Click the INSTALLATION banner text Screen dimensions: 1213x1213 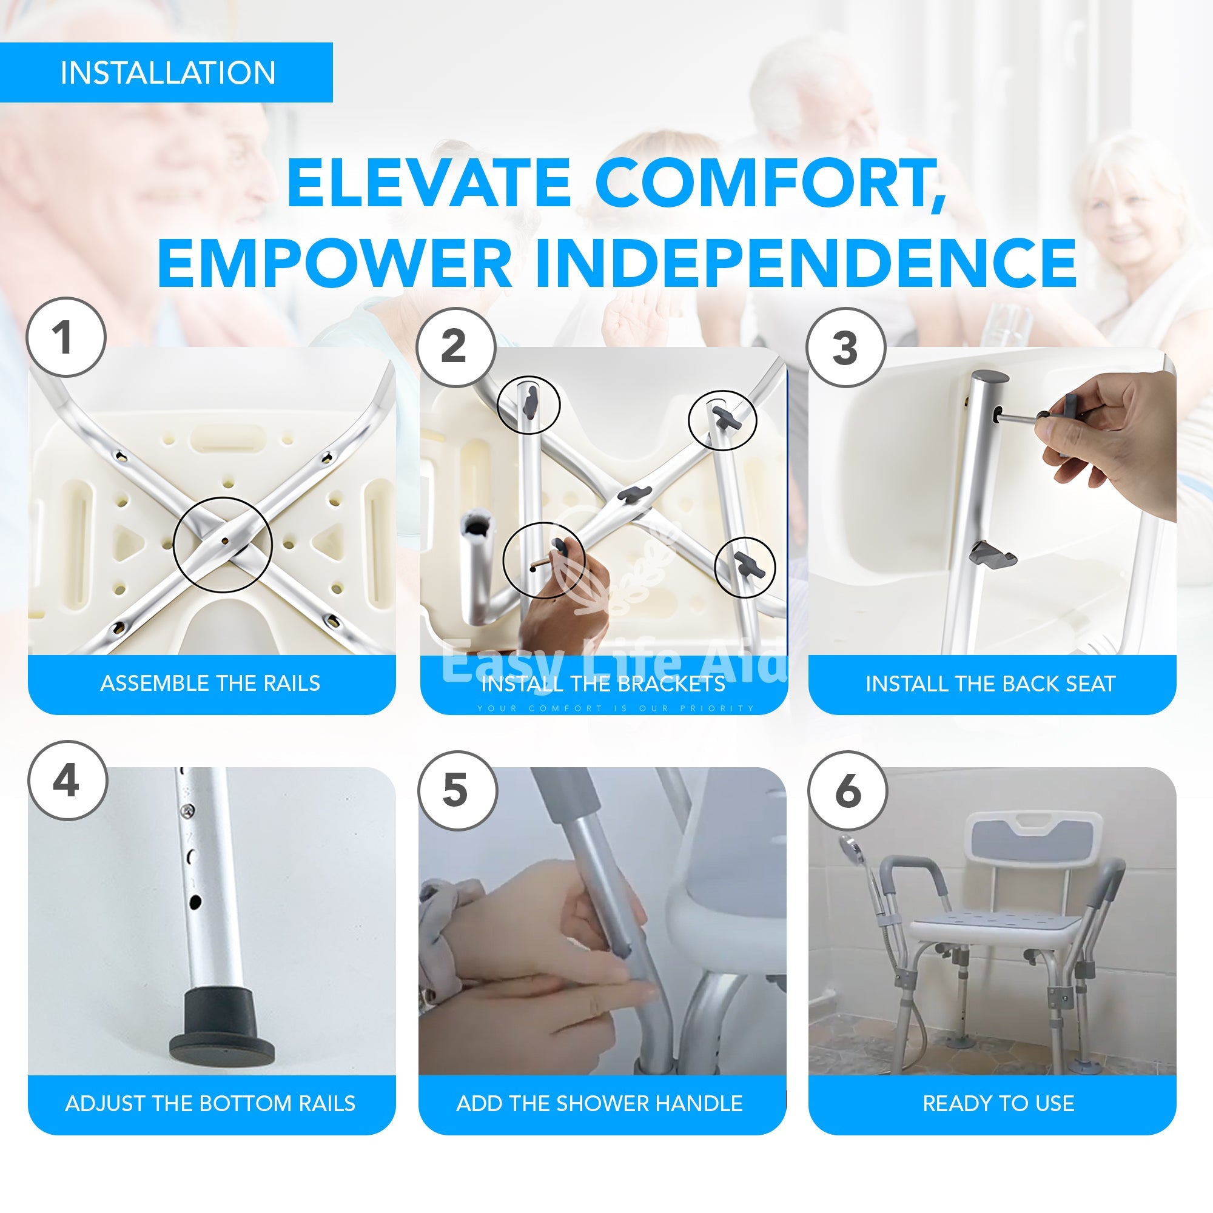point(167,73)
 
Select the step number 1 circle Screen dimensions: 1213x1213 point(66,338)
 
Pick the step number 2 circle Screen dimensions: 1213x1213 point(455,347)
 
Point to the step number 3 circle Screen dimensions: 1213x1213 point(845,347)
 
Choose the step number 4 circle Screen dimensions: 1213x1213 point(67,781)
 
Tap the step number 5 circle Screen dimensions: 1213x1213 point(457,790)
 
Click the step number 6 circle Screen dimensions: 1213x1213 point(848,790)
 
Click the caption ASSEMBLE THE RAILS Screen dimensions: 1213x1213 point(210,683)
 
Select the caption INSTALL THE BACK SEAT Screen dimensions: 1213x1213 point(991,684)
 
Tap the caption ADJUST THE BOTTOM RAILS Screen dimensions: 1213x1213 point(210,1103)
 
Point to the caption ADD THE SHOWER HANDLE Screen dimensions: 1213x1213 point(600,1103)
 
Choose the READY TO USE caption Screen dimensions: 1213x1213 point(998,1103)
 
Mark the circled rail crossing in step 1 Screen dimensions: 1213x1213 point(223,545)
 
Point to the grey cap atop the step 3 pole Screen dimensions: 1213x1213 point(990,378)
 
